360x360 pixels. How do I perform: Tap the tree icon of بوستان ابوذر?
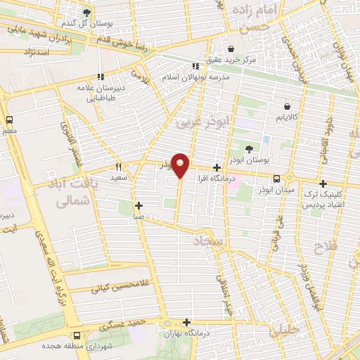point(249,148)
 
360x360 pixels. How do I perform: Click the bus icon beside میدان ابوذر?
point(276,179)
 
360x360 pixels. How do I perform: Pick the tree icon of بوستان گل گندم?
point(86,13)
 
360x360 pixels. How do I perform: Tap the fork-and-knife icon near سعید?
point(119,167)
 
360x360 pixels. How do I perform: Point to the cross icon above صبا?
point(139,206)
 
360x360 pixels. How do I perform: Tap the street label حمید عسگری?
point(122,325)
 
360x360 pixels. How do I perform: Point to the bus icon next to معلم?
point(9,120)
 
